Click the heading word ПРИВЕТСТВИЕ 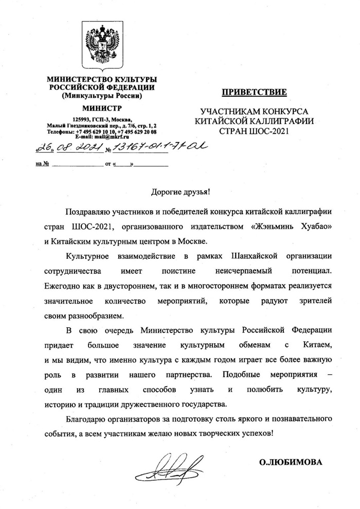click(254, 93)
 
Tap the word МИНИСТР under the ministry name click(102, 108)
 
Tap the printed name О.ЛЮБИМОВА click(291, 462)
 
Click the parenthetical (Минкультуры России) click(102, 96)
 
